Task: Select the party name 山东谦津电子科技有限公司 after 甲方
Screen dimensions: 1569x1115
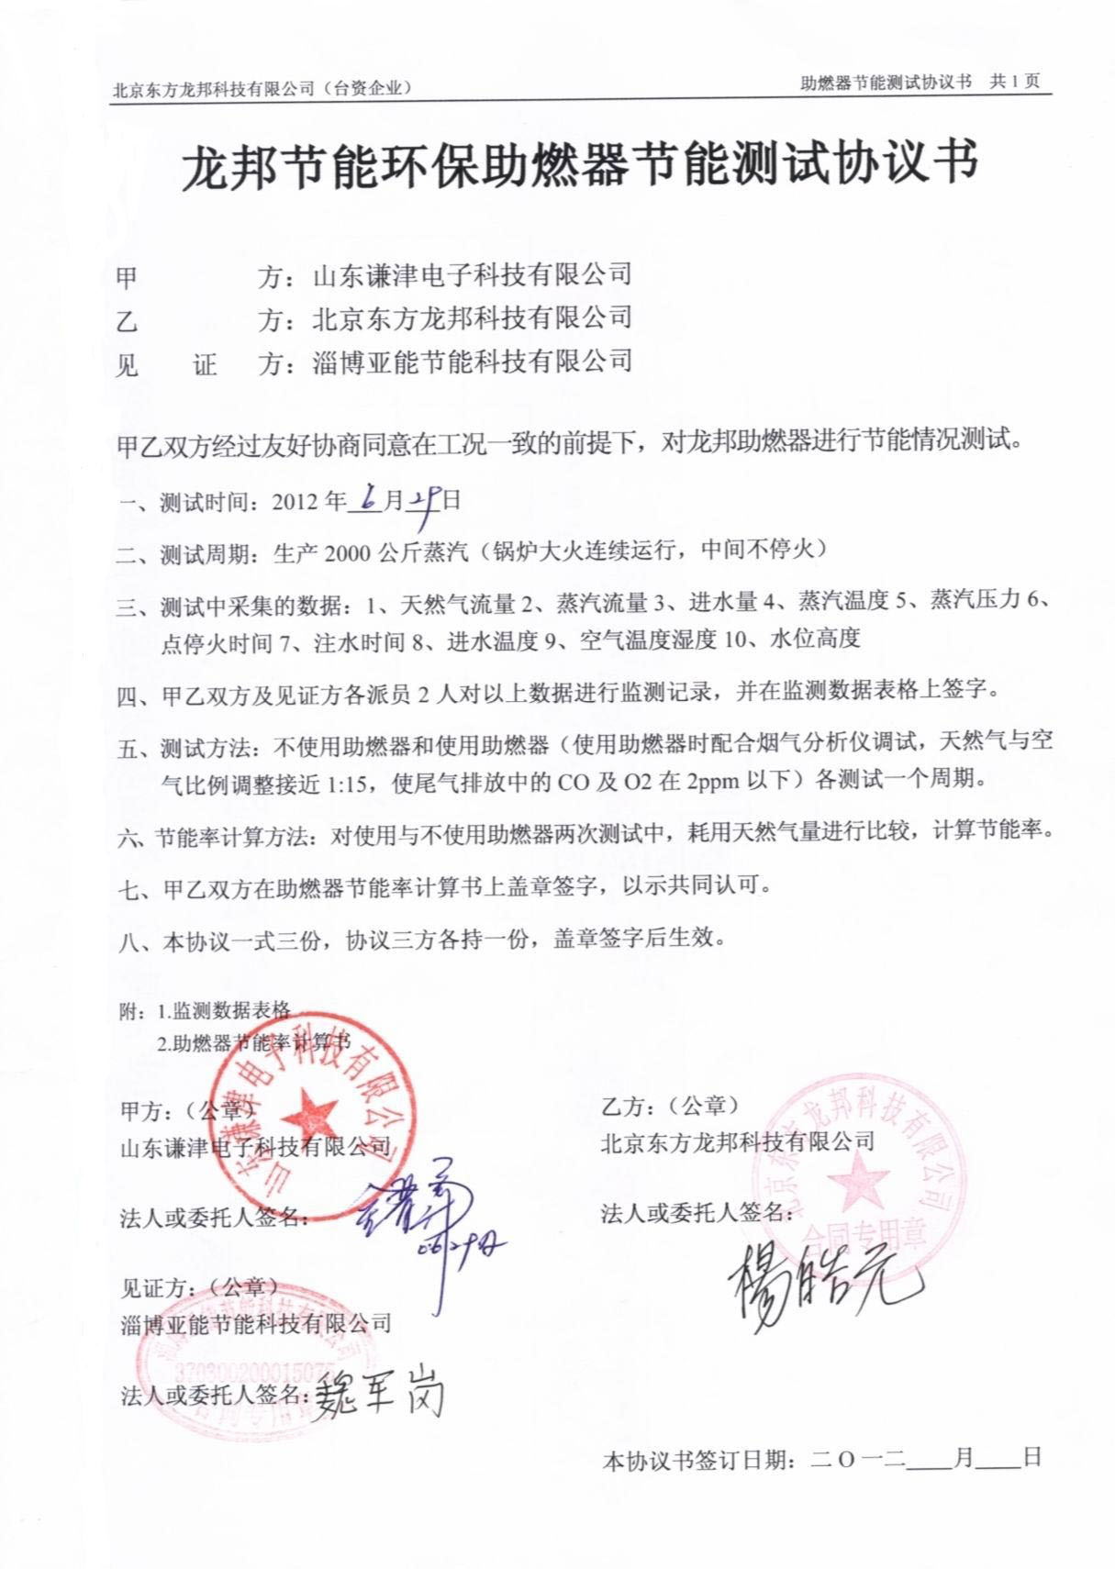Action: point(472,273)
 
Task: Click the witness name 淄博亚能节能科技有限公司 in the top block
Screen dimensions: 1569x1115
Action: point(472,361)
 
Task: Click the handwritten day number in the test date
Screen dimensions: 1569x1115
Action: point(424,501)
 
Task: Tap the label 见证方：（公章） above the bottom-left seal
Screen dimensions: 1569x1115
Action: point(199,1287)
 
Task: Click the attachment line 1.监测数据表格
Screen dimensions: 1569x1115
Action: point(223,1010)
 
